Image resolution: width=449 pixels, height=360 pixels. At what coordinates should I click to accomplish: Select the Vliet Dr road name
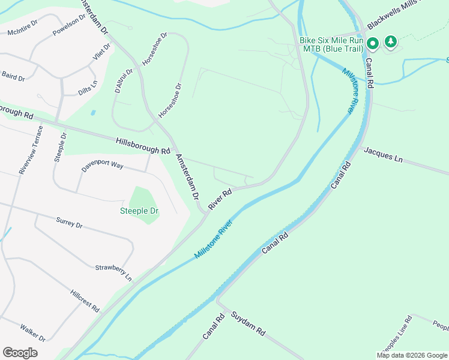tap(102, 53)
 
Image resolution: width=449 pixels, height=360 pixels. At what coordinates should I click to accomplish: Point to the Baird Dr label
tap(13, 77)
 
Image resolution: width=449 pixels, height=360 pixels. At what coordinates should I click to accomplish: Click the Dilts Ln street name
tap(88, 88)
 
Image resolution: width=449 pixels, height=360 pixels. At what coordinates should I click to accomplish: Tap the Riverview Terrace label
tap(31, 150)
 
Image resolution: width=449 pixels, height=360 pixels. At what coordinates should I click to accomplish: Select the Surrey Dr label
tap(68, 223)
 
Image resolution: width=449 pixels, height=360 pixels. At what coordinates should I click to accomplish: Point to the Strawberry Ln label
tap(113, 272)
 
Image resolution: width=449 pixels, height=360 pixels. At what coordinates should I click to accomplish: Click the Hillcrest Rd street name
tap(85, 300)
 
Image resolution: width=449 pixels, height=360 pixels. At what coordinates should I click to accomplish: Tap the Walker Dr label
tap(33, 331)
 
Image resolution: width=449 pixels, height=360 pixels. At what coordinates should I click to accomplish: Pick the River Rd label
tap(220, 200)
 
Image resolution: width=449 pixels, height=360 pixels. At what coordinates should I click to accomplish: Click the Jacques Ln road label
tap(383, 157)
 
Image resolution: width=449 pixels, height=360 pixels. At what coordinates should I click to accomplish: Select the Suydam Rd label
tap(247, 323)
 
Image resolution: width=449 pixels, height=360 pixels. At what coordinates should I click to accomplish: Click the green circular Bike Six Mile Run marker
tap(372, 43)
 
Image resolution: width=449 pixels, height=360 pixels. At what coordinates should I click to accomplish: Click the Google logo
tap(20, 352)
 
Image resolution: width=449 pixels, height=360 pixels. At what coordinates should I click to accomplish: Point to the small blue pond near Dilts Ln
tap(92, 112)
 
